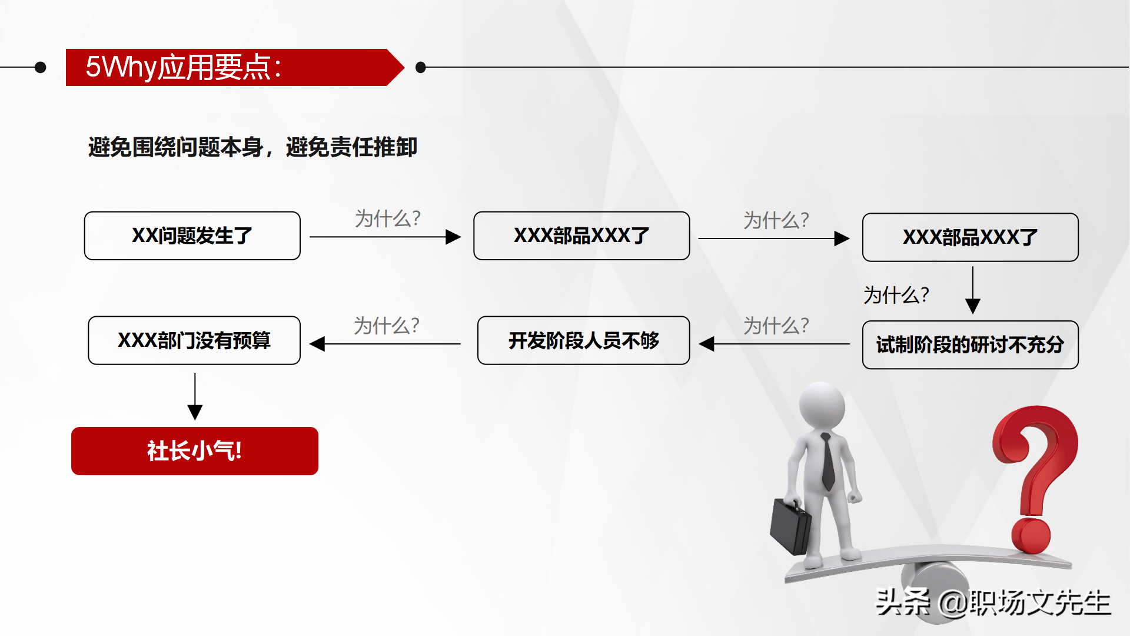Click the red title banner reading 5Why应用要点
tap(230, 67)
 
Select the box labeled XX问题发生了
tap(192, 236)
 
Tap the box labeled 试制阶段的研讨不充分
tap(970, 345)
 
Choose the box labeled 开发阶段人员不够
tap(583, 340)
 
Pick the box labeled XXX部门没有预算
tap(194, 340)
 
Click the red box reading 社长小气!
tap(195, 451)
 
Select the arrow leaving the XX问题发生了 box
tap(385, 237)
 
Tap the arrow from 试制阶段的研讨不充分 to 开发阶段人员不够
tap(774, 344)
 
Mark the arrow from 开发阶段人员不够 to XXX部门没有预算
tap(385, 344)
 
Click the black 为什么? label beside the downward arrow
tap(896, 294)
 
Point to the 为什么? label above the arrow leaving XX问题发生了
tap(387, 218)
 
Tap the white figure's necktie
tap(827, 462)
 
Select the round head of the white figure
tap(822, 406)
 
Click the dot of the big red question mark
tap(1031, 535)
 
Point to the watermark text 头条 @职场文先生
tap(993, 602)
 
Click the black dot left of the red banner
tap(41, 67)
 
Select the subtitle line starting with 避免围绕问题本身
tap(252, 147)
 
